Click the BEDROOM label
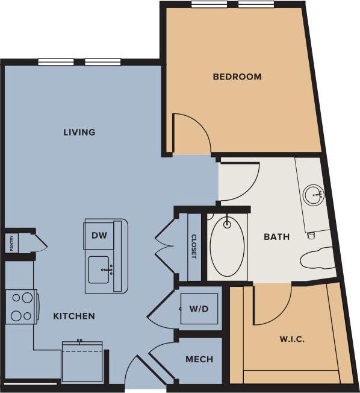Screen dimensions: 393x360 [237, 77]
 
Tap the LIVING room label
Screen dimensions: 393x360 [79, 132]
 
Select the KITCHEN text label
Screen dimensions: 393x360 [74, 316]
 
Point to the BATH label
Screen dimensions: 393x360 [276, 237]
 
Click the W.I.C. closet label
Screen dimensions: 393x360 [291, 339]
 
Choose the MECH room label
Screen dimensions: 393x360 [199, 359]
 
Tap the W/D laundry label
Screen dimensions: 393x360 [199, 309]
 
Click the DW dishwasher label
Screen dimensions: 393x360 [99, 236]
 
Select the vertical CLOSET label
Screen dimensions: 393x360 [194, 246]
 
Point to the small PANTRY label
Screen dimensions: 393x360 [11, 244]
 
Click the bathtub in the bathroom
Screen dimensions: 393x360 [228, 245]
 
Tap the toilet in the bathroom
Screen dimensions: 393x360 [317, 259]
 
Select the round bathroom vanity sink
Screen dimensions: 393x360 [313, 195]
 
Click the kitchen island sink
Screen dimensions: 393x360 [100, 269]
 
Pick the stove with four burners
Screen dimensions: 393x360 [21, 306]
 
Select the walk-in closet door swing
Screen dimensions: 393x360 [271, 304]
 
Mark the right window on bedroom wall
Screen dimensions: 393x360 [256, 4]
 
